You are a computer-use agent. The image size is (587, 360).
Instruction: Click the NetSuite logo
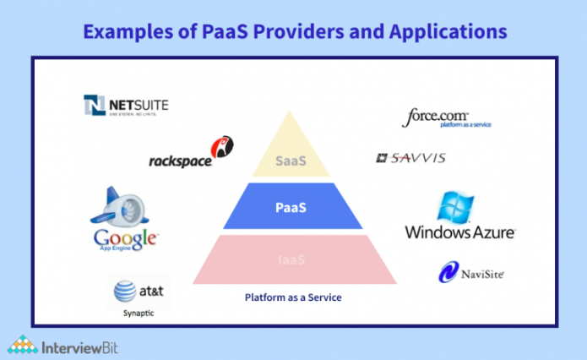point(126,105)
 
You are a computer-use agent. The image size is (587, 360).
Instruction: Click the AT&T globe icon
point(125,292)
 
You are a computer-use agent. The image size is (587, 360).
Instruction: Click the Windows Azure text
point(459,232)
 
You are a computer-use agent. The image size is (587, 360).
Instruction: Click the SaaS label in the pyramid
point(294,160)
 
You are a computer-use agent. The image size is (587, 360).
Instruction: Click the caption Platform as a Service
point(293,297)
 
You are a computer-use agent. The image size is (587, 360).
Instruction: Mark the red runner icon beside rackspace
point(224,147)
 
